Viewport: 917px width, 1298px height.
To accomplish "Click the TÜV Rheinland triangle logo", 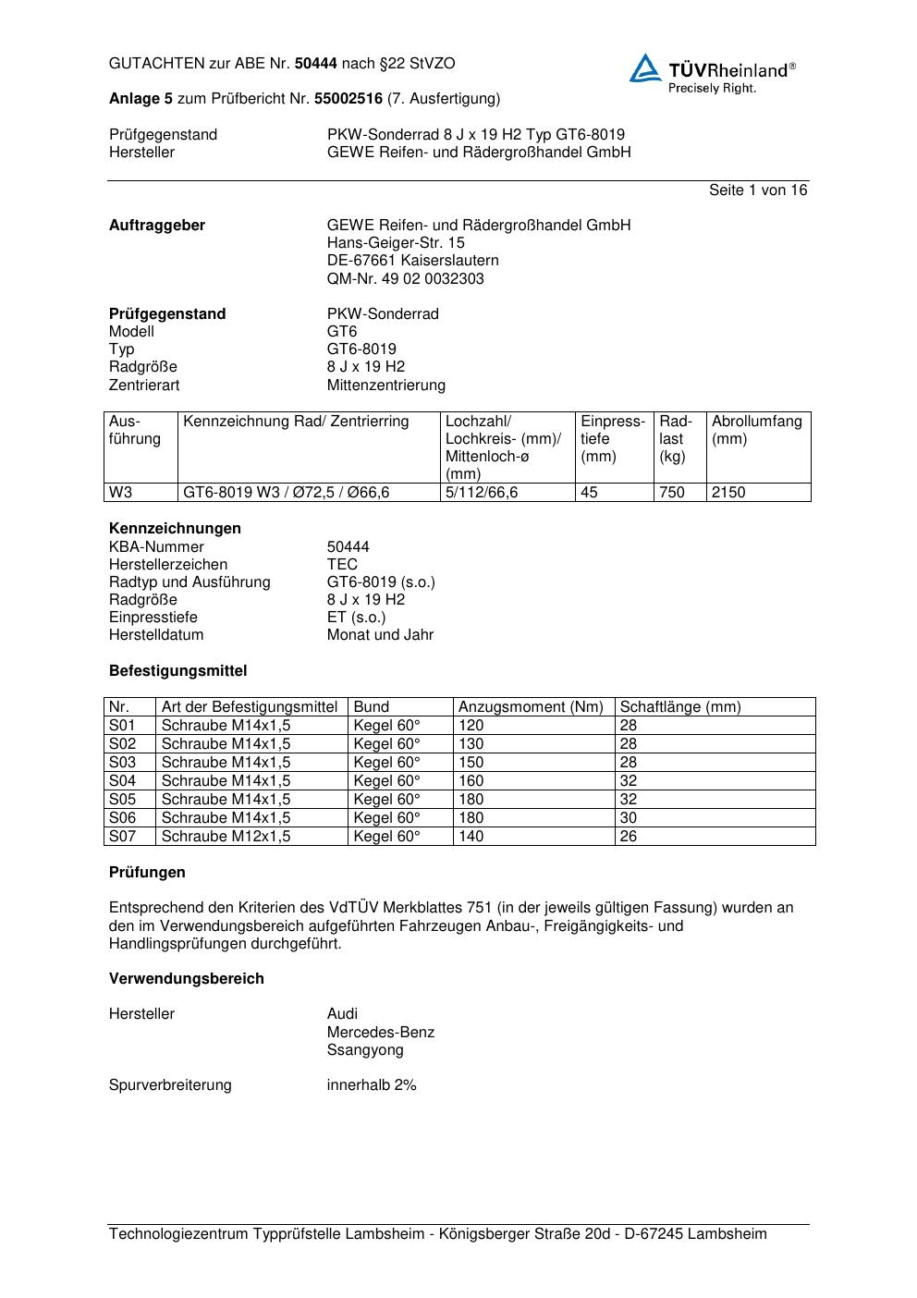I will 645,68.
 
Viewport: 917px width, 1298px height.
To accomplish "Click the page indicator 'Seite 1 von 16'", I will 757,190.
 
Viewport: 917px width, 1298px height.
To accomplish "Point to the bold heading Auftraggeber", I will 157,226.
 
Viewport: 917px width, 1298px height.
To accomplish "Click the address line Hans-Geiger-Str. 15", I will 396,243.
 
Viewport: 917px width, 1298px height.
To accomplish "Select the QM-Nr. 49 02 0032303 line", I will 405,279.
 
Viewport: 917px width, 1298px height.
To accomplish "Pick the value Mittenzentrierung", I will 385,386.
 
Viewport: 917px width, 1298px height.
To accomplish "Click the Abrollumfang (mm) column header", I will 756,430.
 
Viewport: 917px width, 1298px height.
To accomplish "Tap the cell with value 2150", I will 728,493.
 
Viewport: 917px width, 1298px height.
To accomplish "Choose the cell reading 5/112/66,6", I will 482,493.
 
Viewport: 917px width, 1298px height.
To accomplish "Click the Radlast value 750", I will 672,493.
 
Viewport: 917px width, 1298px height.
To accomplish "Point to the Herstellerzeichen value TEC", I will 342,565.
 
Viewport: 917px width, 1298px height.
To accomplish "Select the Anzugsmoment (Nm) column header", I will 531,707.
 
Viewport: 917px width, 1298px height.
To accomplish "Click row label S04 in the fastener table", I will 122,781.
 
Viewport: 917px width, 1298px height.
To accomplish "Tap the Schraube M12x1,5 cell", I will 226,837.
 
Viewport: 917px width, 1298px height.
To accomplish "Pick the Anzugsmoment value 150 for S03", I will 471,763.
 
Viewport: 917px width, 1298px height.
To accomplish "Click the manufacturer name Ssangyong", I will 365,1050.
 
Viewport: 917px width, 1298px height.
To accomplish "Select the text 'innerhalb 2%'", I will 372,1085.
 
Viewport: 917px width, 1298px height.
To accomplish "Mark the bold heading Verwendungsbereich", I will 187,979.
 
